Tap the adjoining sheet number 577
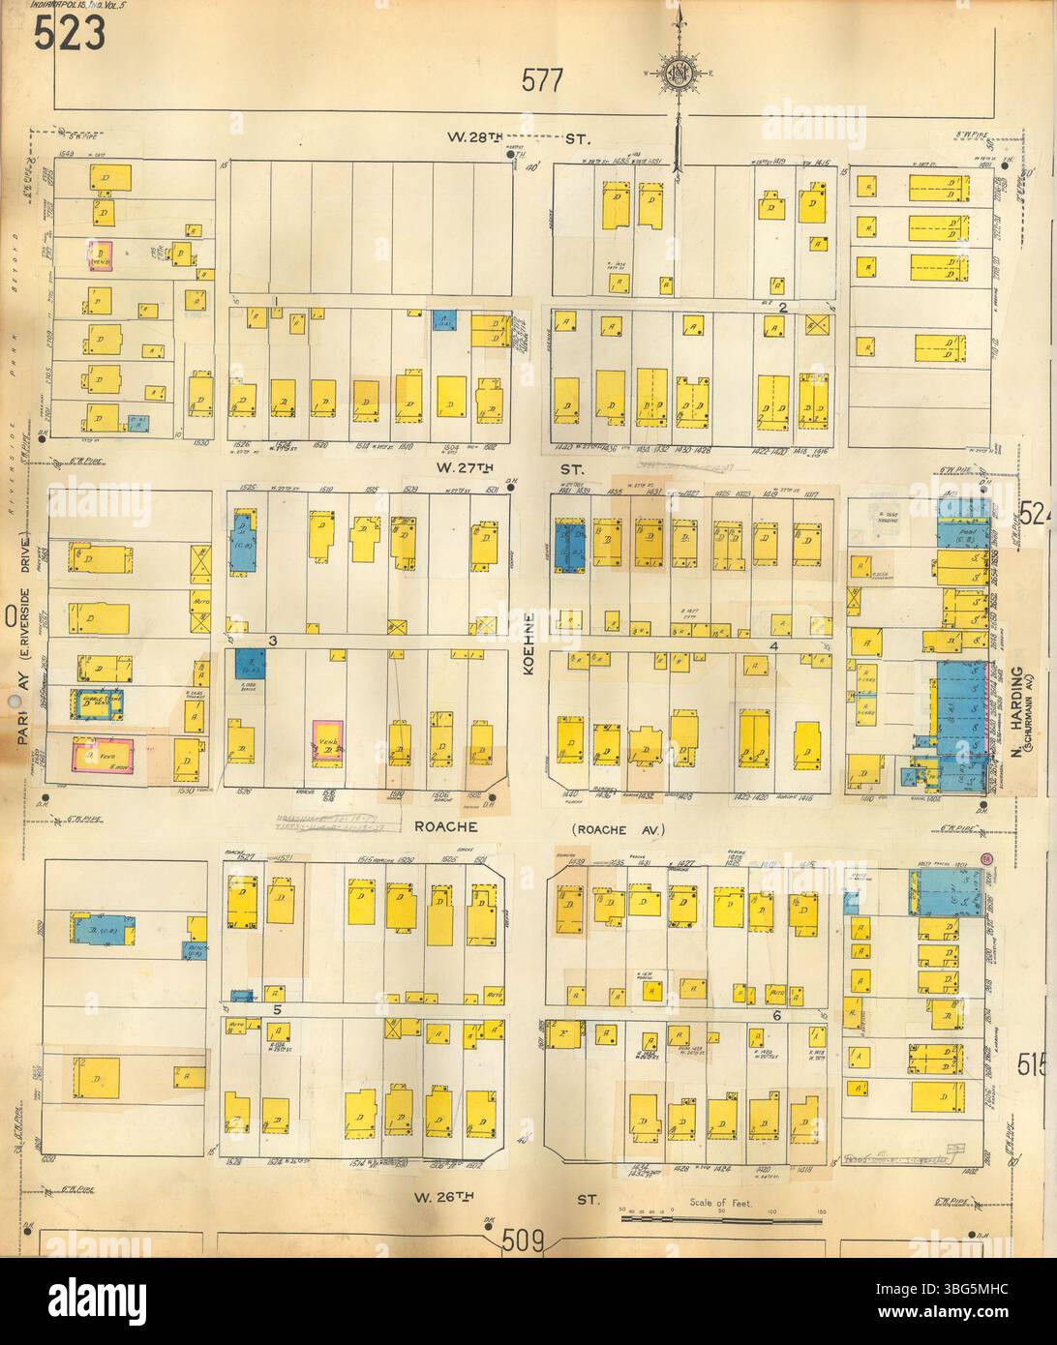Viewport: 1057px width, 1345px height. click(x=541, y=81)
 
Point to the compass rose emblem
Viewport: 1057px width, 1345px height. click(x=677, y=73)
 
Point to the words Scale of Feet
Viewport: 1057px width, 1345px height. click(x=721, y=1203)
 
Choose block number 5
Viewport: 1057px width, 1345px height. click(x=276, y=1009)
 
